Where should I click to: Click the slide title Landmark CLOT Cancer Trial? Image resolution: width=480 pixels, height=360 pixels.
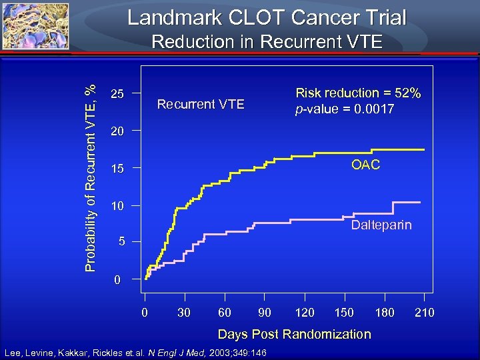[267, 17]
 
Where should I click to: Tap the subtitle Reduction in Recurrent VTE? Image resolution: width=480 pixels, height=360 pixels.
[267, 42]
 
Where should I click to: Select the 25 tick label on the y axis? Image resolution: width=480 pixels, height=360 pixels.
[117, 94]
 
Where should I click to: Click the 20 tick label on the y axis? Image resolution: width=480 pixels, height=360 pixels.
[117, 131]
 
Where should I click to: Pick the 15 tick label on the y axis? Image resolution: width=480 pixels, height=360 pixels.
[117, 169]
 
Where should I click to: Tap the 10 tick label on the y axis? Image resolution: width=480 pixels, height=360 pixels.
[117, 207]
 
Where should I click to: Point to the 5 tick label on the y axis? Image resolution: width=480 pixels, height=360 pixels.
[120, 243]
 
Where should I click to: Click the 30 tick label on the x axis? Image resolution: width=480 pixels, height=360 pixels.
[185, 313]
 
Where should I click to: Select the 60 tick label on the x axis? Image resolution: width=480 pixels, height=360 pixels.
[225, 313]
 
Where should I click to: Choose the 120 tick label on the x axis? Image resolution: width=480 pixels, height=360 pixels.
[305, 313]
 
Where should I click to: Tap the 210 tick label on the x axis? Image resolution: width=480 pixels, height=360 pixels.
[424, 313]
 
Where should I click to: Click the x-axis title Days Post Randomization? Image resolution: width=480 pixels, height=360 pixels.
[294, 334]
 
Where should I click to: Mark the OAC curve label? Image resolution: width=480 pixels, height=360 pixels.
[365, 165]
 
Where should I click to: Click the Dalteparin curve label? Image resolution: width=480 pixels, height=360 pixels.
[381, 225]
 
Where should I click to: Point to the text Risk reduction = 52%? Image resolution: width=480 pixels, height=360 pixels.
[358, 93]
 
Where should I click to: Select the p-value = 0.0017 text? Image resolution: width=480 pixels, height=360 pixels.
[345, 109]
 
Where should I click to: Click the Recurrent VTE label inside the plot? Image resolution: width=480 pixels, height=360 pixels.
[200, 104]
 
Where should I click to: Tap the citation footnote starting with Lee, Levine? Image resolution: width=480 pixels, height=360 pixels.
[135, 352]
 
